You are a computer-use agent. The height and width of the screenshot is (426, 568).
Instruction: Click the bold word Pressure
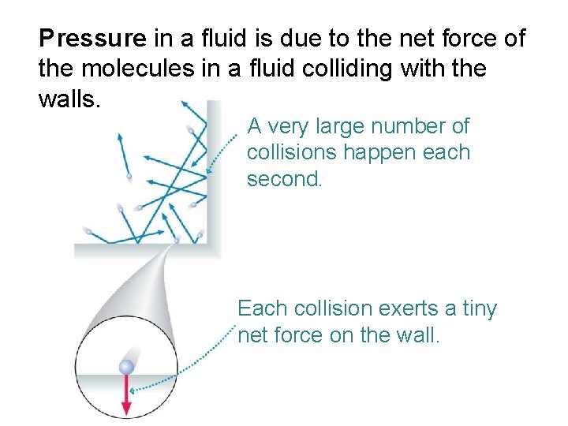93,38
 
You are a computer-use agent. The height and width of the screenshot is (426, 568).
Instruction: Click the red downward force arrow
126,394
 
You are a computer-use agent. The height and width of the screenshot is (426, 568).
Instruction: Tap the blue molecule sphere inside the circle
126,367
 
